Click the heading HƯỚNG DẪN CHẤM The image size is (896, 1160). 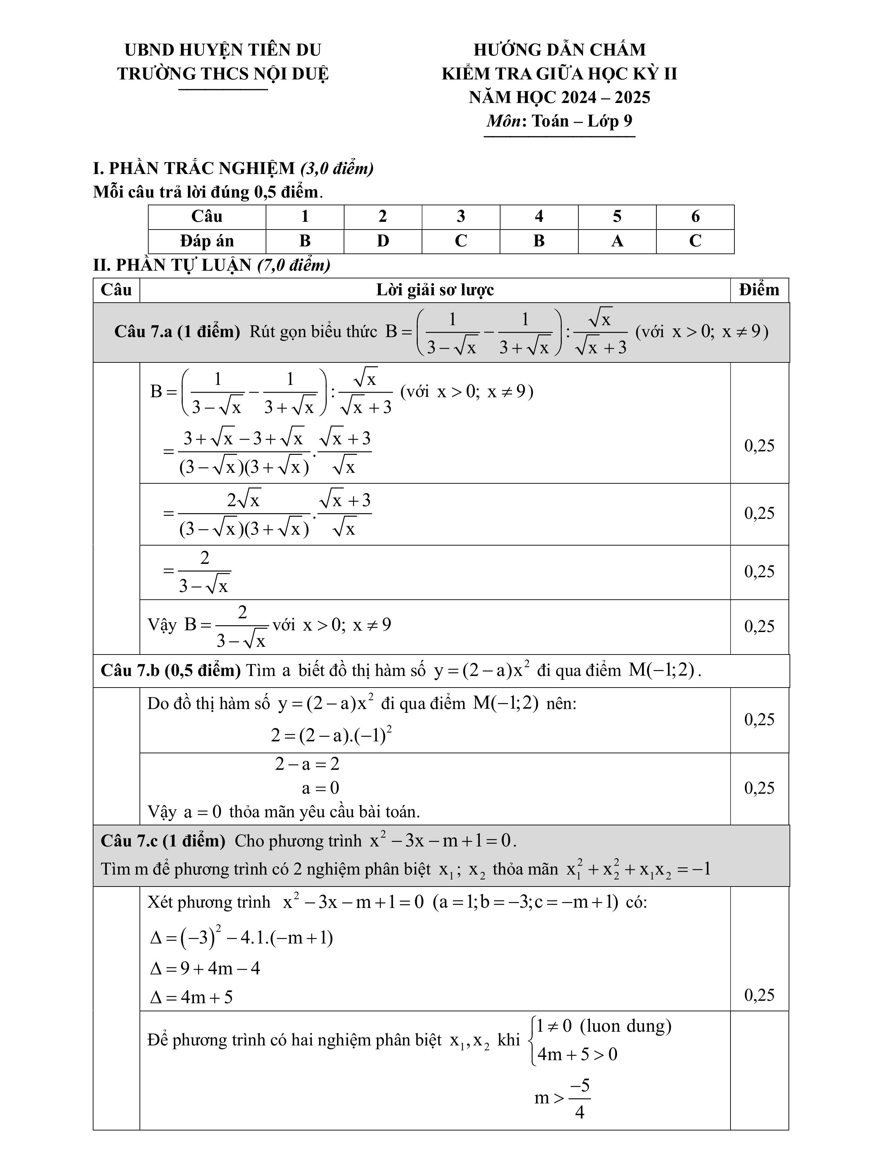point(559,50)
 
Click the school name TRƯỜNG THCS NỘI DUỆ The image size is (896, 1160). point(223,74)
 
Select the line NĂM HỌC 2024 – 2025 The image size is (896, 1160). point(559,98)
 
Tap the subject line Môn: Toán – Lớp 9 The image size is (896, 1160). point(559,122)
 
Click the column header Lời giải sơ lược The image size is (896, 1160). point(435,290)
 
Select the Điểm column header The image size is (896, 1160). point(759,290)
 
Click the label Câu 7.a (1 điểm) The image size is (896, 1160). point(177,332)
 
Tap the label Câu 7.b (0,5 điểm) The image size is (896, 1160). point(171,671)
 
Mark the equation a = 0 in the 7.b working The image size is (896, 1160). point(320,788)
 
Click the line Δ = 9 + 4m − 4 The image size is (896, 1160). point(205,969)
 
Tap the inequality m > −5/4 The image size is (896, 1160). point(562,1098)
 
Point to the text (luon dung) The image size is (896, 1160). point(625,1026)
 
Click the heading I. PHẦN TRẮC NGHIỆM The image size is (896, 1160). point(194,168)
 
